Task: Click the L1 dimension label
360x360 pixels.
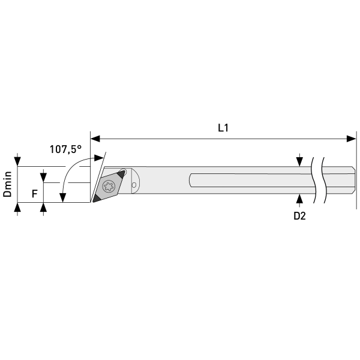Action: pos(223,128)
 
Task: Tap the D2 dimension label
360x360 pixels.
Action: pos(299,216)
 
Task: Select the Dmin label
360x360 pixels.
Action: pos(8,184)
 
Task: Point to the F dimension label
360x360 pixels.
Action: pos(34,194)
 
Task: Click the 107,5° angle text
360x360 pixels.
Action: pos(65,149)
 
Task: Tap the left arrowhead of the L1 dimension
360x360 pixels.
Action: pos(95,139)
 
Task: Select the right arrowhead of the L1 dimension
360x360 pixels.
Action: pos(351,139)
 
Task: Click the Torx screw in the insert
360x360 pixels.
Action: pos(109,186)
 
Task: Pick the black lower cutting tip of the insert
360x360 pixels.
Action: pos(97,199)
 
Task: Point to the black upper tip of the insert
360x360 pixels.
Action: pos(121,174)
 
